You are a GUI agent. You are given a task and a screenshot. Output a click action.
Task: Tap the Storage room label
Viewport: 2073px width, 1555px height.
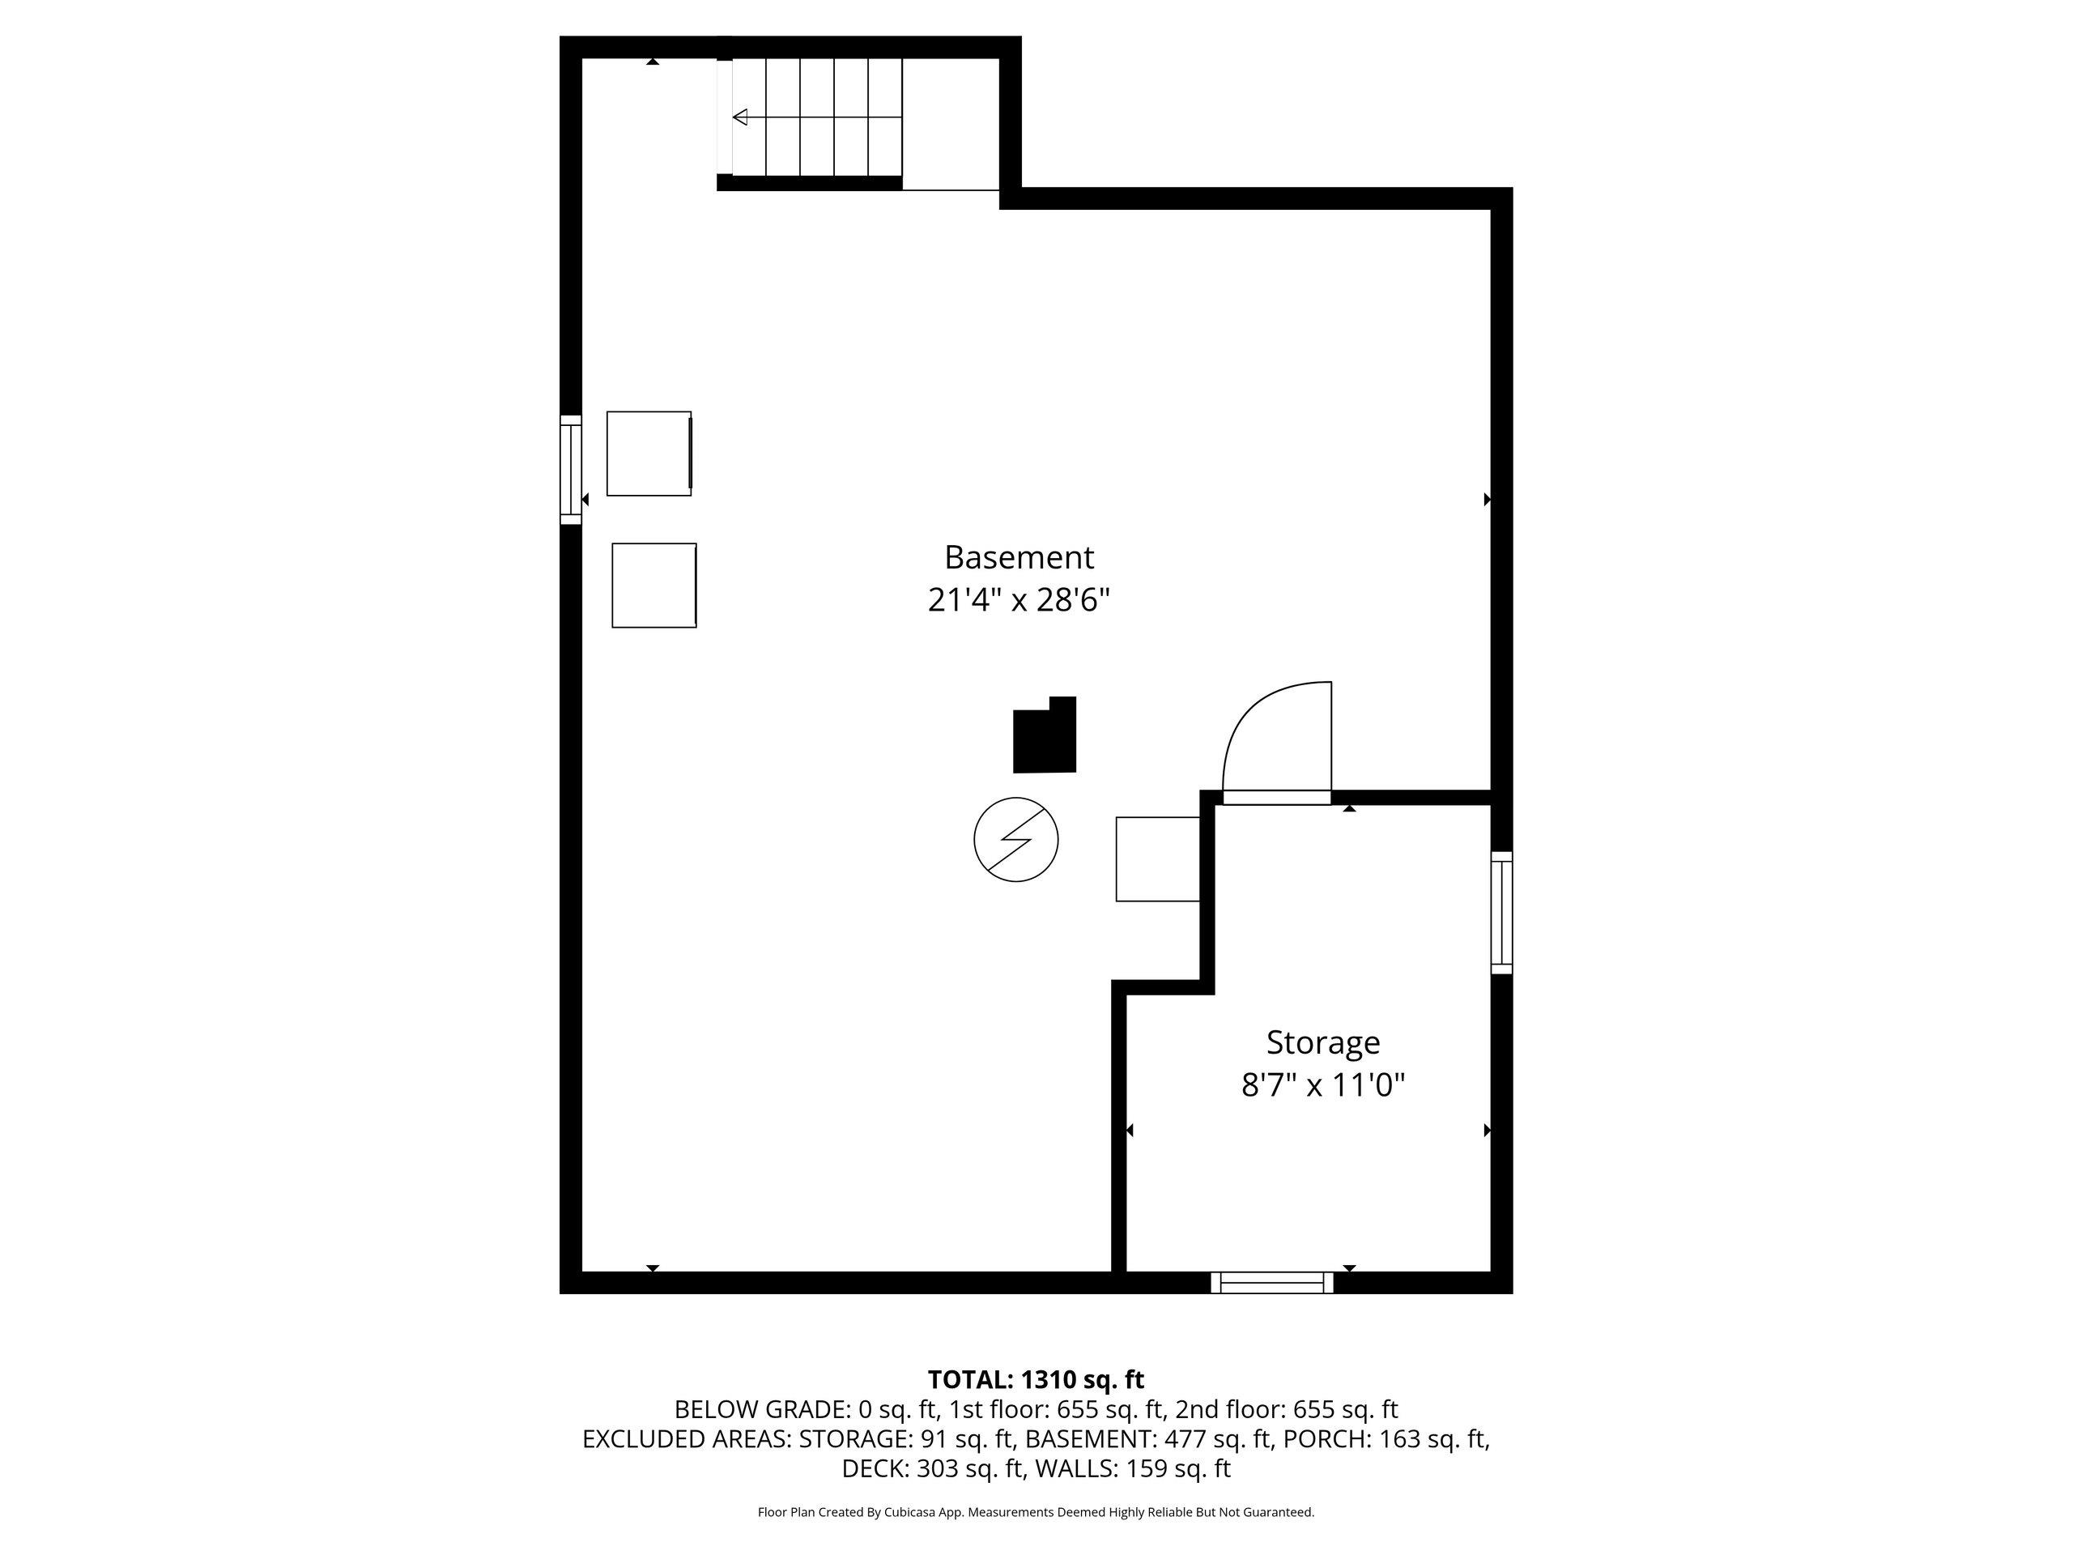point(1322,1042)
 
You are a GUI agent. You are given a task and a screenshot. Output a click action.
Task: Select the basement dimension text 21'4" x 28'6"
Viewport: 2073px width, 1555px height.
point(1019,600)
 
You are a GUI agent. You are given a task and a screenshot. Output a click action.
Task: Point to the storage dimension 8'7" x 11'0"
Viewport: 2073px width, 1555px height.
point(1323,1085)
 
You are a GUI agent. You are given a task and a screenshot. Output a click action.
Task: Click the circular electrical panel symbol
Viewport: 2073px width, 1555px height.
point(1016,839)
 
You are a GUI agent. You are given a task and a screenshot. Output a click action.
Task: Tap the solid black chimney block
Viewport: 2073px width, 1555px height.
point(1045,735)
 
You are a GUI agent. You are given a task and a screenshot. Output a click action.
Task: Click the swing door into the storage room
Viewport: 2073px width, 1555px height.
point(1276,740)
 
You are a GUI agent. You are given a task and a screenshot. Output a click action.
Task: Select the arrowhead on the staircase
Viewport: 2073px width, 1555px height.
point(739,117)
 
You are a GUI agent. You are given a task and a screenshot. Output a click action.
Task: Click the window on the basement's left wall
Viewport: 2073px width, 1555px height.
point(571,470)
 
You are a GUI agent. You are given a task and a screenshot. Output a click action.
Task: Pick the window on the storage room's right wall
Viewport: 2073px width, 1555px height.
point(1501,912)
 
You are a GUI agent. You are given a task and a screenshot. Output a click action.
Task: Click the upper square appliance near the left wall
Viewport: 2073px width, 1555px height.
point(649,454)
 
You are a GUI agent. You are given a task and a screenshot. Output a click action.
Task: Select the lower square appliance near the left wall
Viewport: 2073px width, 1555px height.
point(654,586)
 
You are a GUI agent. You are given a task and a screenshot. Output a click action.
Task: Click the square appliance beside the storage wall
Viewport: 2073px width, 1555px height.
point(1158,859)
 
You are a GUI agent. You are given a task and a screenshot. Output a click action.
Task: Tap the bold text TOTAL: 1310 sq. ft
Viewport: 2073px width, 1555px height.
point(1036,1380)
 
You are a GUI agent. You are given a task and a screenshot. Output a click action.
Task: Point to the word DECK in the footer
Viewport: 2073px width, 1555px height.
point(875,1469)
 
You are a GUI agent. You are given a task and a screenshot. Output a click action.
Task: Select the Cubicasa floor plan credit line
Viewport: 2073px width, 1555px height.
point(1036,1512)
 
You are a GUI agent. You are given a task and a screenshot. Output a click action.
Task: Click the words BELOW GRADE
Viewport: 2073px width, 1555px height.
point(762,1410)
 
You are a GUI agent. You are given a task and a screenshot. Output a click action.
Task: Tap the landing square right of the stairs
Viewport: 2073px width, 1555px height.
point(951,124)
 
